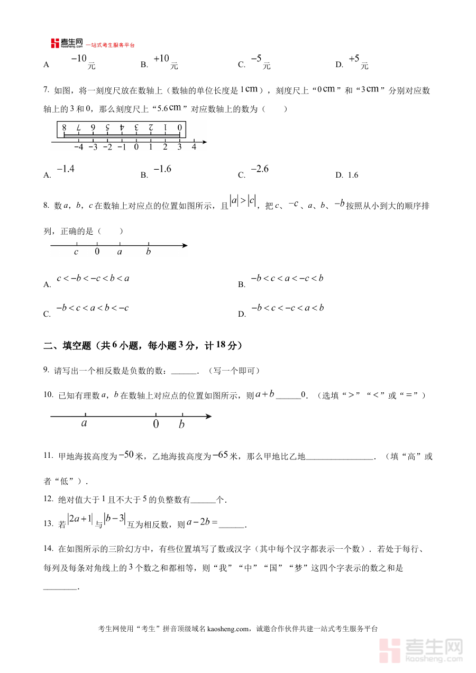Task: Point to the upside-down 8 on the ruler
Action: coord(64,127)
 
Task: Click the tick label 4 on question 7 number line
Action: coord(194,147)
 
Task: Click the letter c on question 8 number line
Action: coord(76,252)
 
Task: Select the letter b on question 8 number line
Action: coord(148,252)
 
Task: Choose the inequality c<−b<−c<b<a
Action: coord(93,279)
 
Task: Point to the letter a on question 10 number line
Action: coord(84,423)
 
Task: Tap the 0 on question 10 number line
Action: coord(155,424)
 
